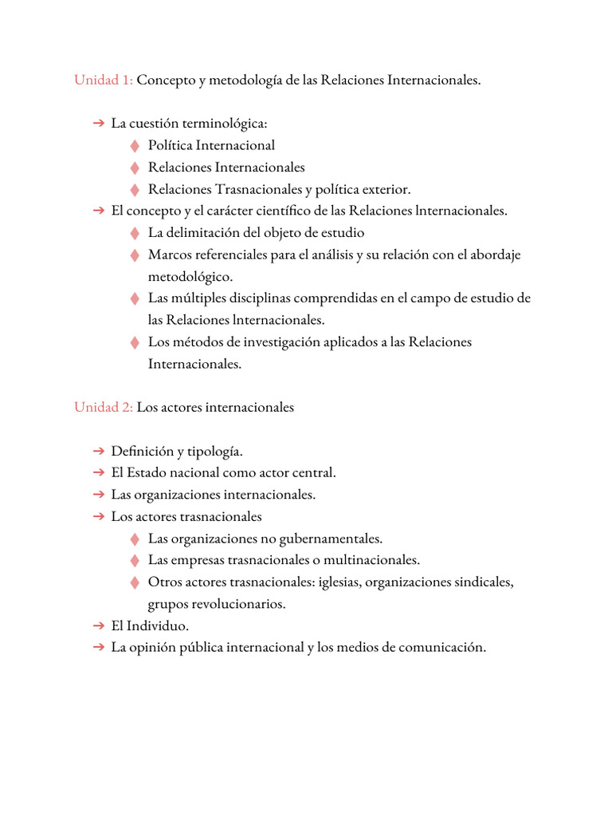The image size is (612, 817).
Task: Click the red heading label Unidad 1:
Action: coord(103,81)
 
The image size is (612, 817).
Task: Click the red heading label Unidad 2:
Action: coord(103,407)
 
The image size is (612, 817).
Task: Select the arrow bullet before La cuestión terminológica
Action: coord(98,124)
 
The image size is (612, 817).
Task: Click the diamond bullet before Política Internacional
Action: coord(135,145)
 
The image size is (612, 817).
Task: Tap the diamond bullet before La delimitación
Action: coord(135,233)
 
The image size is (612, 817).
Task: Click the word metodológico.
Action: coord(190,277)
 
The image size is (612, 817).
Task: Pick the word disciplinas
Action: coord(256,298)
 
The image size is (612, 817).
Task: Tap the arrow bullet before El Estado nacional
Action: coord(98,473)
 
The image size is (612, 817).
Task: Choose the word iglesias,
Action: coord(339,582)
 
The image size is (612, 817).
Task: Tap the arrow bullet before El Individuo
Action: coord(98,626)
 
